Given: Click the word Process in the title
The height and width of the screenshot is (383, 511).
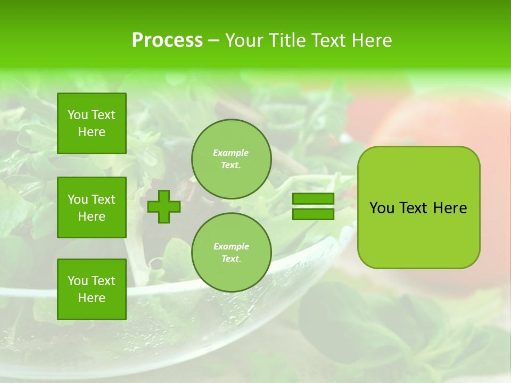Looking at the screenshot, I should [x=167, y=40].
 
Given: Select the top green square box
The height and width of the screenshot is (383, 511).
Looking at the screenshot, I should [x=92, y=123].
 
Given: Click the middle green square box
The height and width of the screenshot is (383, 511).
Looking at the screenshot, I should [x=92, y=207].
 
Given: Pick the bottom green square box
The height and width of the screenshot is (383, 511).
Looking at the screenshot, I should [x=92, y=289].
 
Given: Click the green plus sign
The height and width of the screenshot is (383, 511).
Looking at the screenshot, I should [x=164, y=207].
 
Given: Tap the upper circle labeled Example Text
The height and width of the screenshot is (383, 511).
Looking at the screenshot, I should [x=231, y=159].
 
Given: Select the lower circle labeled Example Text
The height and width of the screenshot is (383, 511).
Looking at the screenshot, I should [x=231, y=252].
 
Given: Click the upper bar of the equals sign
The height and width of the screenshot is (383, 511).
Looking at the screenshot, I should [x=313, y=198].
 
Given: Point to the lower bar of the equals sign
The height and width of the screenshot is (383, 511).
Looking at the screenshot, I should [x=313, y=214].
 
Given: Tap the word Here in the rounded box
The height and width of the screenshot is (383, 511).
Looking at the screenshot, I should [x=450, y=208].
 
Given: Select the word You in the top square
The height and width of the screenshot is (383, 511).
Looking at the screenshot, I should [x=78, y=115].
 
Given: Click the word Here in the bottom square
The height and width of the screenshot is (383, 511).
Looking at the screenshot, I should [x=92, y=298].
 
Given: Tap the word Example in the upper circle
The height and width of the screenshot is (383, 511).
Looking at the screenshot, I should [x=231, y=153].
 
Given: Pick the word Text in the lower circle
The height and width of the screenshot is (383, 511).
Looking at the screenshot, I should [x=231, y=259].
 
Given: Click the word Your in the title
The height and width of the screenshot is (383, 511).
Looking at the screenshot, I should [x=243, y=40].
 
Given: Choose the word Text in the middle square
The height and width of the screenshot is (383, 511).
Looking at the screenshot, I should [x=103, y=199].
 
